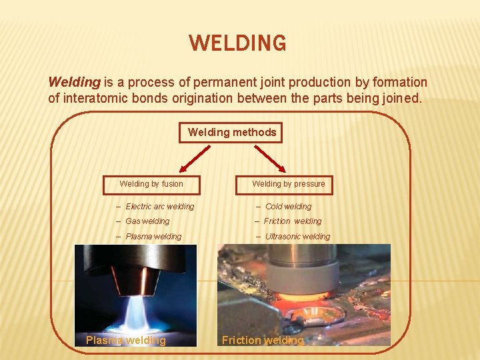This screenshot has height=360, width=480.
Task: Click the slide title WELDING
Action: pyautogui.click(x=238, y=43)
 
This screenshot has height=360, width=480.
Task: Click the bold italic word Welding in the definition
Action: pyautogui.click(x=74, y=83)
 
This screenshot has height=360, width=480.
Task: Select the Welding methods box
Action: pyautogui.click(x=232, y=132)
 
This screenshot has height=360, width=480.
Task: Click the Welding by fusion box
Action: pyautogui.click(x=151, y=183)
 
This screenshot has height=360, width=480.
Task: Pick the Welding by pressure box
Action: pyautogui.click(x=288, y=183)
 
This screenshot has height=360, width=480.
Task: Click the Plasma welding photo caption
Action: pyautogui.click(x=125, y=341)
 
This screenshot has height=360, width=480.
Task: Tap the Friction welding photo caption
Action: pyautogui.click(x=263, y=341)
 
